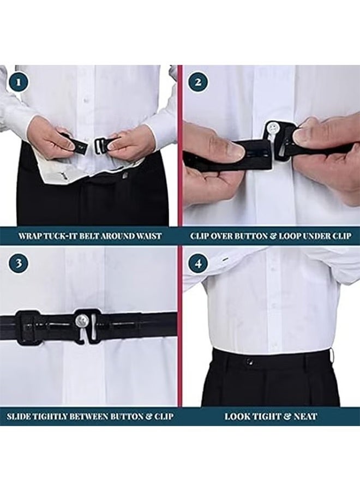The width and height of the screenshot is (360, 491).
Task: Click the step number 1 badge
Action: point(20,83)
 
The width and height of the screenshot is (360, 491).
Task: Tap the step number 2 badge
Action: point(198,83)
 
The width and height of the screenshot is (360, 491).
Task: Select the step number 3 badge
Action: point(20,264)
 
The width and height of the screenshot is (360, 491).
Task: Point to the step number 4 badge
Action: point(198,264)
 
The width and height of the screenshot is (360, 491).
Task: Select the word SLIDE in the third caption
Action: point(20,416)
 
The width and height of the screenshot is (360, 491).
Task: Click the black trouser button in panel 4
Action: point(249,361)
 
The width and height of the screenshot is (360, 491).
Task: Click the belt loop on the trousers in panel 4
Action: point(332,356)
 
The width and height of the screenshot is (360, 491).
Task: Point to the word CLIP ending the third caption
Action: point(161,416)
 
